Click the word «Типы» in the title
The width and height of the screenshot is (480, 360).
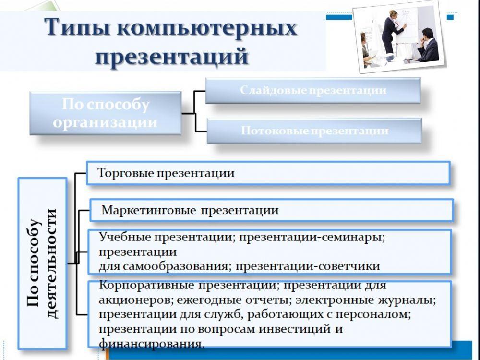click(78, 27)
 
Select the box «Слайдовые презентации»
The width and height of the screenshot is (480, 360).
click(312, 90)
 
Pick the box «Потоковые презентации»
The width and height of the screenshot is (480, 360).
click(314, 131)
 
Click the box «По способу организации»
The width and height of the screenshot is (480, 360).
click(105, 113)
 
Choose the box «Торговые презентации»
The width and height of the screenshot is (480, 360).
click(268, 173)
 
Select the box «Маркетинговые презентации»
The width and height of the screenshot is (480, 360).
click(272, 210)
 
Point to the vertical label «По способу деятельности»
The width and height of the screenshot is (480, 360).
click(42, 263)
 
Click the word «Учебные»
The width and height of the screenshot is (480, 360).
click(125, 237)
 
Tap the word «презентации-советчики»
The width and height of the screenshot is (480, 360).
click(308, 266)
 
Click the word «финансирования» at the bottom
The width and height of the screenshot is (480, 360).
click(151, 344)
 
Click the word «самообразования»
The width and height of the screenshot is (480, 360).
click(175, 266)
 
